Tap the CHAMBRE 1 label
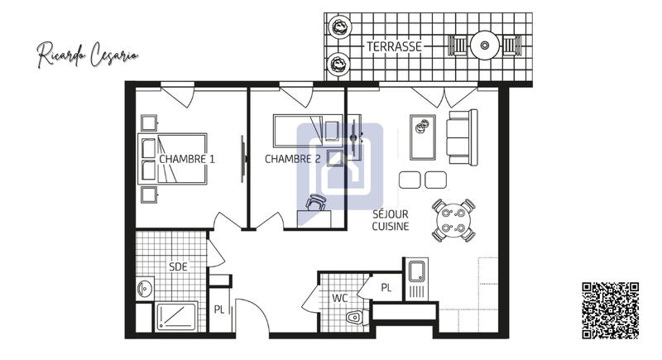[187, 159]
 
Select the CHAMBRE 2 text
[293, 159]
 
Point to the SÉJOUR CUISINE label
[390, 219]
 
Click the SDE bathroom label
[178, 266]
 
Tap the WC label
[339, 296]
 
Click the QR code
[611, 311]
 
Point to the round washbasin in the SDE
[146, 289]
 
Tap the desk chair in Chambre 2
[316, 203]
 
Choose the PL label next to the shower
[219, 310]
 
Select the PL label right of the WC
[386, 287]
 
